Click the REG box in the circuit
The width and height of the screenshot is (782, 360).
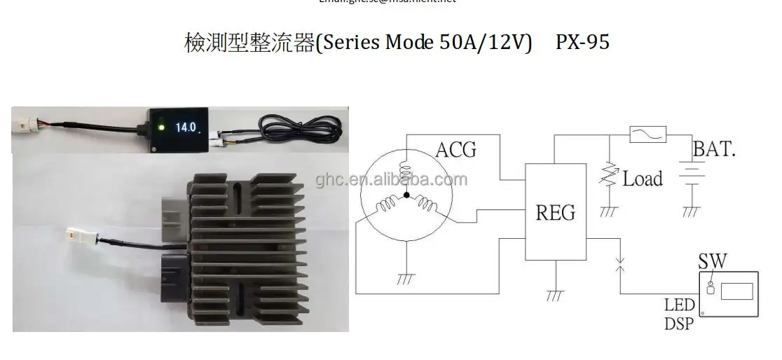pyautogui.click(x=556, y=211)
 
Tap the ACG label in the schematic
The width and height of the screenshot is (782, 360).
pyautogui.click(x=455, y=150)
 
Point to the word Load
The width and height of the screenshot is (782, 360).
pyautogui.click(x=643, y=179)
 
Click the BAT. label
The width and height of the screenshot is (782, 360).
pyautogui.click(x=714, y=148)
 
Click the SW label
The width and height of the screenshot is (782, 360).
pyautogui.click(x=712, y=263)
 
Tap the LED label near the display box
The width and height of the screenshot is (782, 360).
pyautogui.click(x=679, y=305)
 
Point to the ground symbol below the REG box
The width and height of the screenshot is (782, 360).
pyautogui.click(x=555, y=295)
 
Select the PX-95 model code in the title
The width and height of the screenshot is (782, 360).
pyautogui.click(x=582, y=42)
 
